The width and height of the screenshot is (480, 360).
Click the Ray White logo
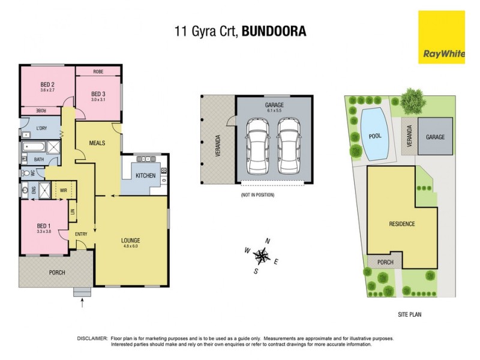click(x=443, y=37)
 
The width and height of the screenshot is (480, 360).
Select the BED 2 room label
click(x=48, y=84)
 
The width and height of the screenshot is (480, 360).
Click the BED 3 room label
click(x=98, y=94)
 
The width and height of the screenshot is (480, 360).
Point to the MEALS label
click(x=97, y=143)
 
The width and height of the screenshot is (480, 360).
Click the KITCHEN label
click(x=145, y=176)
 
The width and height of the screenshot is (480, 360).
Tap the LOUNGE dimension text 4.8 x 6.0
click(x=131, y=246)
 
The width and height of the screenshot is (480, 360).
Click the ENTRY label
click(x=82, y=233)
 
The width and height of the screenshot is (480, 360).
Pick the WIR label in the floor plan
click(x=64, y=190)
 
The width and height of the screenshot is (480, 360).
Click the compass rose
click(x=262, y=256)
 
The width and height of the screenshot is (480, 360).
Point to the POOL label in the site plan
click(x=375, y=136)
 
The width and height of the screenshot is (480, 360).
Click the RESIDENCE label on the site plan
click(x=402, y=224)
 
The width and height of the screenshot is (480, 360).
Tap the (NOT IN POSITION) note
click(x=257, y=196)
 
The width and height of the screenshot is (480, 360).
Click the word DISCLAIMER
click(x=93, y=338)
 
